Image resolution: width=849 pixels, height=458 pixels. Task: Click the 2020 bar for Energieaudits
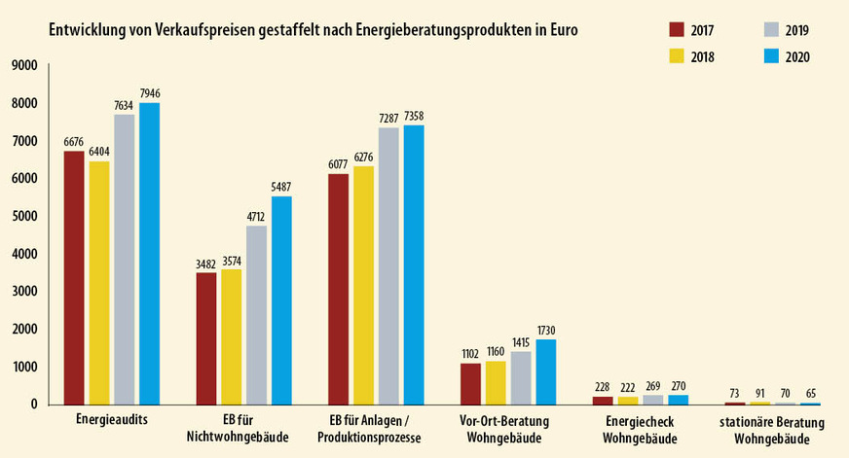[x=149, y=253]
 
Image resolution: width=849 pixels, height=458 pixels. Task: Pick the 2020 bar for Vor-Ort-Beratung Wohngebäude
[x=545, y=370]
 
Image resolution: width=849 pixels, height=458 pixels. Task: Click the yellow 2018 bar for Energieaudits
[x=98, y=282]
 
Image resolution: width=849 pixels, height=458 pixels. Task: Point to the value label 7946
[x=149, y=93]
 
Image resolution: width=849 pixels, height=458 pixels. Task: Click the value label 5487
[x=281, y=187]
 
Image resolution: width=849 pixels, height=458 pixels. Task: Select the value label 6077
[x=338, y=164]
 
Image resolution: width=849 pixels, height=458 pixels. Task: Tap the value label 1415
[x=520, y=342]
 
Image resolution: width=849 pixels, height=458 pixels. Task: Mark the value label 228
[x=603, y=387]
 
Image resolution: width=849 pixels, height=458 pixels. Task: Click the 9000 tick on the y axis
[x=23, y=66]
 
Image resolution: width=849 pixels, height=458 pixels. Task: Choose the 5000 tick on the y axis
[x=23, y=217]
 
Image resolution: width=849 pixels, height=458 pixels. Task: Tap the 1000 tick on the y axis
[x=23, y=367]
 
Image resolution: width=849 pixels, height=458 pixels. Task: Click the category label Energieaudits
[x=111, y=422]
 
